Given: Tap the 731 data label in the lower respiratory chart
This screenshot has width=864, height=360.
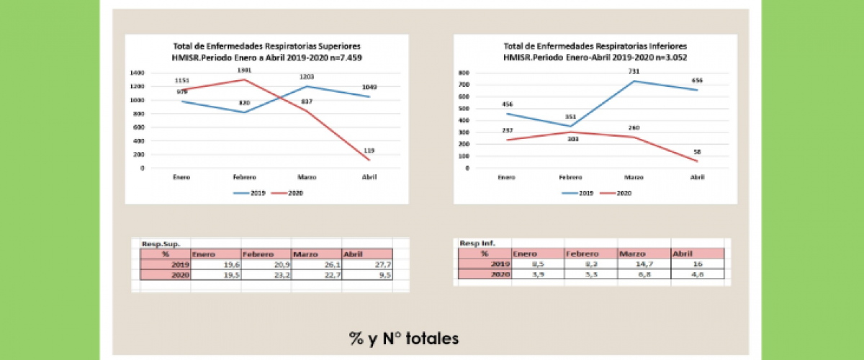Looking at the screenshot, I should click(634, 71).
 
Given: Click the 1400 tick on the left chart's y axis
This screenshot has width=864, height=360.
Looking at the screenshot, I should click(138, 73).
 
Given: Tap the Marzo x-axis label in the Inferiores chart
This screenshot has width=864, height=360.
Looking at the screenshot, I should click(634, 177).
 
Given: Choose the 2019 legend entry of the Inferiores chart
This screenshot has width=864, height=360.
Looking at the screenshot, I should click(581, 193).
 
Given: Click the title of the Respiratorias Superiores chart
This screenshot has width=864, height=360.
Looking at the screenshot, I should click(262, 51).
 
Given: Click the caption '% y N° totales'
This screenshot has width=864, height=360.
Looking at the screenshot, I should click(403, 338).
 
